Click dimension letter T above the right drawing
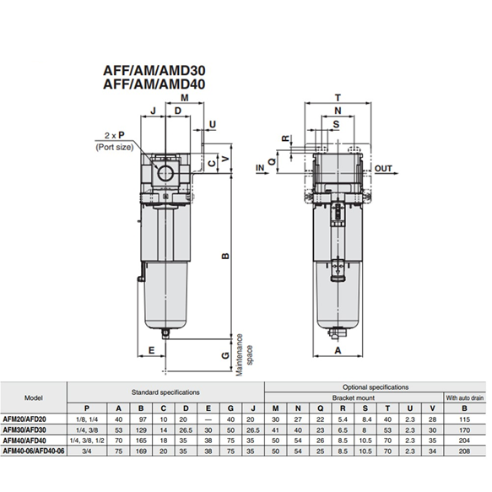click(338, 98)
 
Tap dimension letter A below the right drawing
click(338, 349)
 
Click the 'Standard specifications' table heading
click(165, 392)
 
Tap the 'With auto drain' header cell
click(463, 397)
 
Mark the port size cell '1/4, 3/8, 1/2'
click(89, 441)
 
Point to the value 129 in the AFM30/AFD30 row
click(143, 430)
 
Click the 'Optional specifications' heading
click(376, 386)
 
